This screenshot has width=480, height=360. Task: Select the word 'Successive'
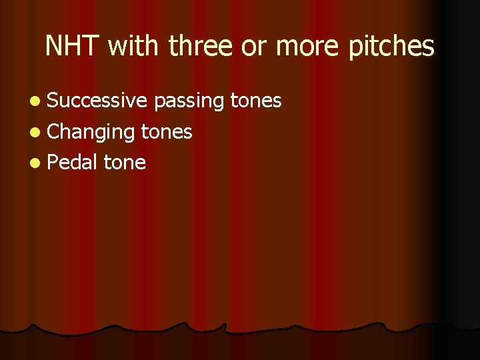coord(97,101)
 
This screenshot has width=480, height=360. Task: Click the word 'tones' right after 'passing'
coord(256,101)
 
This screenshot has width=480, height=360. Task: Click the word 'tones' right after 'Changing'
coord(167,132)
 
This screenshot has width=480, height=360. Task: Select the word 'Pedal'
coord(73,163)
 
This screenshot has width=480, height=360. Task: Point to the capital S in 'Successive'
coord(53,101)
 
